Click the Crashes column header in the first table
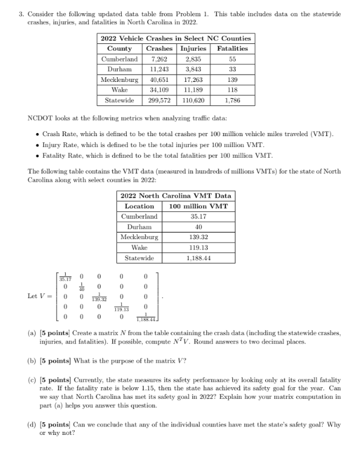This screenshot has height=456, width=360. pyautogui.click(x=159, y=48)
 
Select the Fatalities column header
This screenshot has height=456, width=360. pyautogui.click(x=232, y=48)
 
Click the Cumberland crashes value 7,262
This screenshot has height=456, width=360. pyautogui.click(x=159, y=59)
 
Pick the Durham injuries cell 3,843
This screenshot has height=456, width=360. pyautogui.click(x=194, y=69)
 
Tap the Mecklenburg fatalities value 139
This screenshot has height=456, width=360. pyautogui.click(x=232, y=80)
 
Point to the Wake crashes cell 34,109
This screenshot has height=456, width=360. pyautogui.click(x=159, y=90)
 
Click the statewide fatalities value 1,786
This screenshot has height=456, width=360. pyautogui.click(x=232, y=100)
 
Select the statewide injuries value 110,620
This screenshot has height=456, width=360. pyautogui.click(x=194, y=100)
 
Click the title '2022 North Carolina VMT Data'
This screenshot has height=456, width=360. pyautogui.click(x=175, y=196)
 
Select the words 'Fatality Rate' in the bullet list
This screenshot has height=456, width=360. pyautogui.click(x=63, y=154)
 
